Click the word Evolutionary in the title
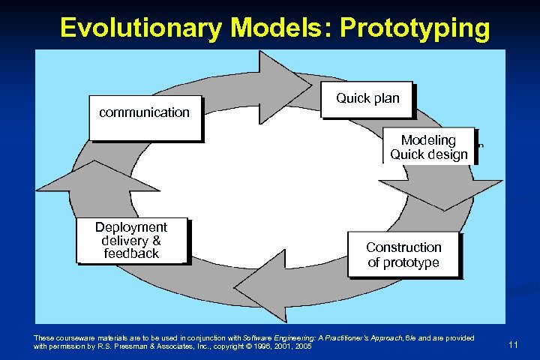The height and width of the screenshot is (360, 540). coord(141,28)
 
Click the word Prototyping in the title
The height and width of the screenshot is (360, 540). coord(415,28)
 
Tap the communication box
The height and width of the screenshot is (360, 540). coord(145,118)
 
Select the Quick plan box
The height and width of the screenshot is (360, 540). coord(367,99)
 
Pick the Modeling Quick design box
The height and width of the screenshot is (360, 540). coord(428,147)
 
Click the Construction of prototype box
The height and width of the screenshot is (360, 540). coord(403,254)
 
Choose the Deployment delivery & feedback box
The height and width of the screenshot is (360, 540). coord(131,240)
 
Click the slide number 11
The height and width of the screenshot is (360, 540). coord(514,344)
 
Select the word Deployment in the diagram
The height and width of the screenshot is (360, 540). coord(131,227)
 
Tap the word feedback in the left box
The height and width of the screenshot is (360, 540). coord(131,253)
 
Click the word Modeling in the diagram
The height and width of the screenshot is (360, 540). coord(428,140)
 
